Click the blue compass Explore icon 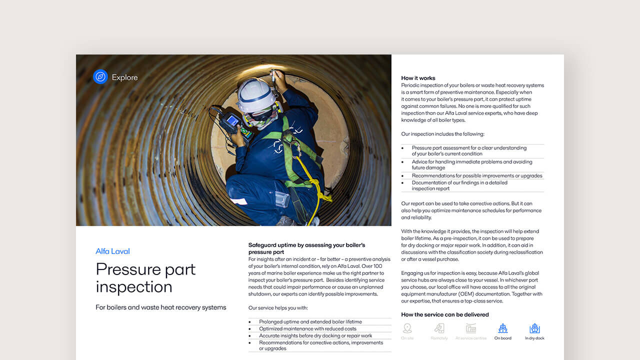click(100, 77)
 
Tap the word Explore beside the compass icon click(124, 77)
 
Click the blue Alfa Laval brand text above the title click(112, 251)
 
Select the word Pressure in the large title click(127, 269)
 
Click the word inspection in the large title click(133, 287)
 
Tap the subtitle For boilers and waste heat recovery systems click(160, 307)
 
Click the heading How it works click(418, 78)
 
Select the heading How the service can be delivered click(444, 314)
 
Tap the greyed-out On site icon click(407, 328)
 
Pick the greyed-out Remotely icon click(439, 328)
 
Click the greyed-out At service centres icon click(470, 328)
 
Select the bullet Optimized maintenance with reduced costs click(307, 329)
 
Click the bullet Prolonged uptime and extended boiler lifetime click(310, 322)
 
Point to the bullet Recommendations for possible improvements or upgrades click(476, 176)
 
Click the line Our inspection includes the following click(442, 134)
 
